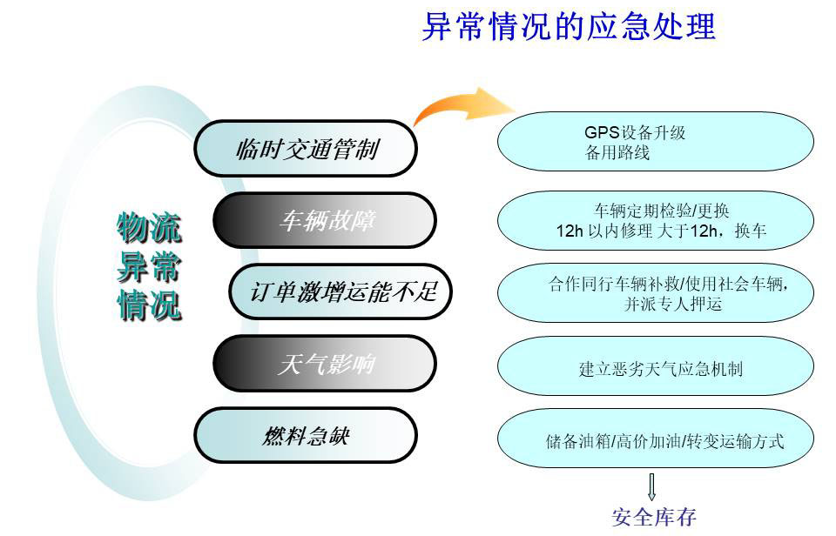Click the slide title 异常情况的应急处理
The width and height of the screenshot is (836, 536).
coord(569,27)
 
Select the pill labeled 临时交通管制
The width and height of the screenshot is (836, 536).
coord(305,149)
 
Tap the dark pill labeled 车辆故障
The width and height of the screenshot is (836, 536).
coord(325,221)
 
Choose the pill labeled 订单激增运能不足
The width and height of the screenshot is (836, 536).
coord(340,292)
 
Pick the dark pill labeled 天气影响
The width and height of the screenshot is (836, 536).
coord(325,364)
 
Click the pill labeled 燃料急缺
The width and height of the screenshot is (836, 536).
coord(305,436)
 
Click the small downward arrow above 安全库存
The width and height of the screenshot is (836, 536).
coord(651,487)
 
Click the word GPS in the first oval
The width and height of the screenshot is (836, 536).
coord(602,132)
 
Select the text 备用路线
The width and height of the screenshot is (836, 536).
coord(617,153)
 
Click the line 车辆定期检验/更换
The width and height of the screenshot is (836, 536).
coord(662,211)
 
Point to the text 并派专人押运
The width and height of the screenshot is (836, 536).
coord(673,304)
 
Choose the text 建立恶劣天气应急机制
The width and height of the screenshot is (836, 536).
coord(661,369)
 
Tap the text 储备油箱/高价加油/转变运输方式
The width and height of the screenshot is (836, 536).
coord(664,441)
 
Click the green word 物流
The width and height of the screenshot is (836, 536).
coord(149,227)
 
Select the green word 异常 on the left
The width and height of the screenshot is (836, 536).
coord(149,266)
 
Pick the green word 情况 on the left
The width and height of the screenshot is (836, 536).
coord(149,305)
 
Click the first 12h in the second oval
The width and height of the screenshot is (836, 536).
coord(570,231)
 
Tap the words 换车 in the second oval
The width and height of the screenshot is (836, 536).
coord(751,231)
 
